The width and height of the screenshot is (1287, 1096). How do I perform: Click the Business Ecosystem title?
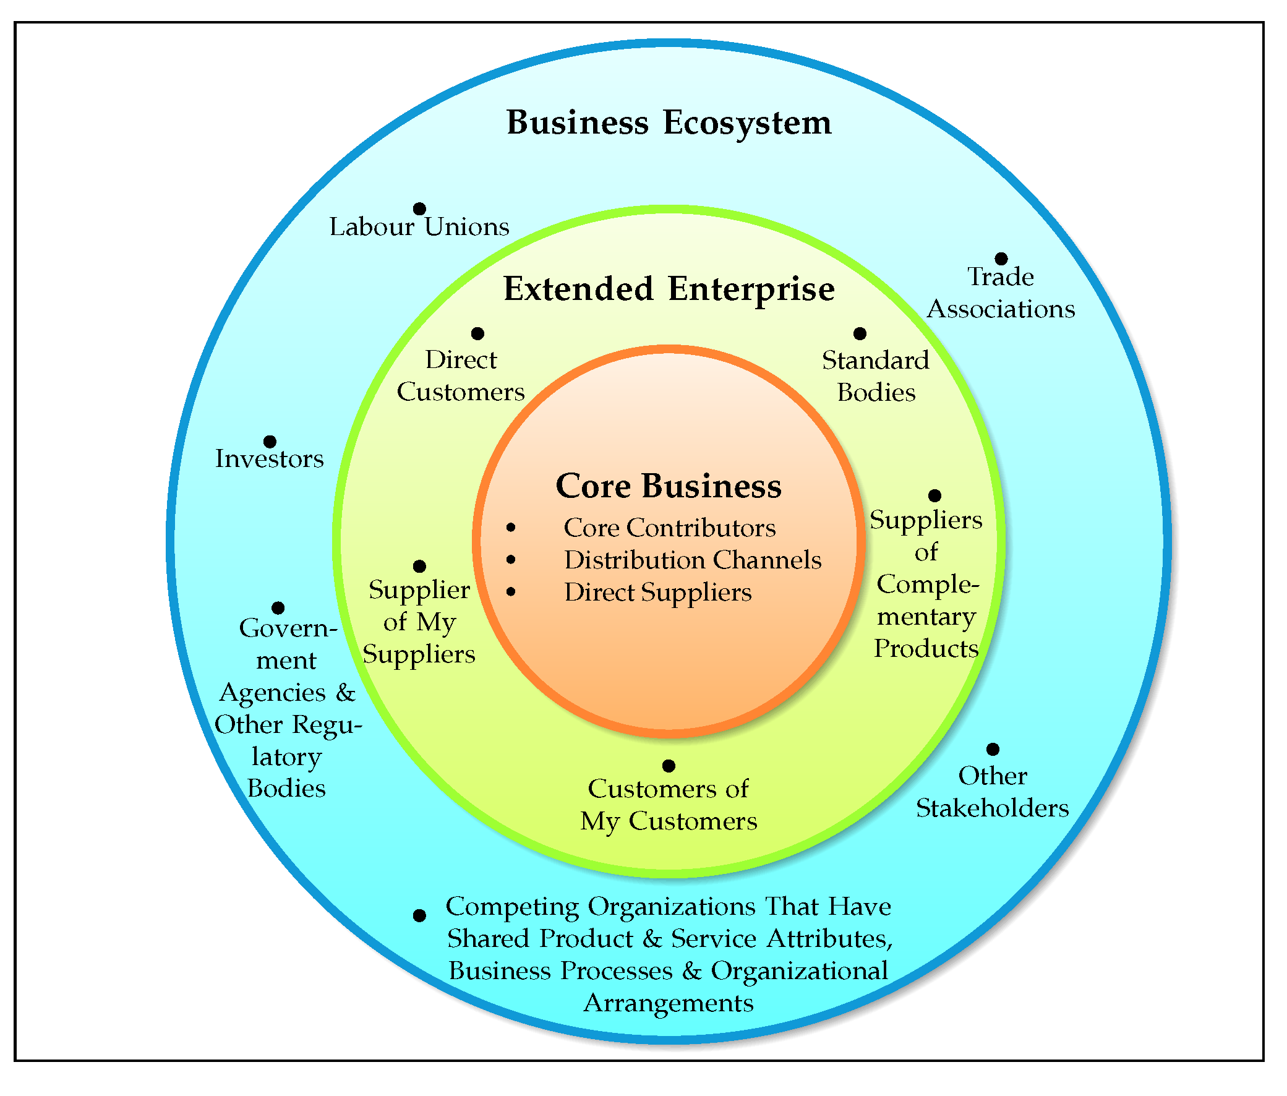pyautogui.click(x=669, y=122)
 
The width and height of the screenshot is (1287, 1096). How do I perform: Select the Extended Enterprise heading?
pyautogui.click(x=669, y=289)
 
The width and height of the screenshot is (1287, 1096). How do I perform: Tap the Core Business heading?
pyautogui.click(x=669, y=486)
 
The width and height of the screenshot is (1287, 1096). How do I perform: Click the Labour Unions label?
pyautogui.click(x=419, y=228)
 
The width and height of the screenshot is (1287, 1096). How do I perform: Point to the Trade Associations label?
pyautogui.click(x=1001, y=293)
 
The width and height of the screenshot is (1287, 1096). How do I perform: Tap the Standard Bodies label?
pyautogui.click(x=876, y=377)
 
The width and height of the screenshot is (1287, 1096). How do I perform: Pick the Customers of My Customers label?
pyautogui.click(x=669, y=805)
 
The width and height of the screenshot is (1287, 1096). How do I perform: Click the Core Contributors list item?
pyautogui.click(x=670, y=528)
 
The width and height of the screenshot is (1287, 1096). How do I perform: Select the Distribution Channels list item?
pyautogui.click(x=693, y=560)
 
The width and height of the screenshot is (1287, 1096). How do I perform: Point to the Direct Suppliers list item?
pyautogui.click(x=658, y=593)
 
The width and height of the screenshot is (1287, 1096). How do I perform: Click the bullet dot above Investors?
pyautogui.click(x=270, y=442)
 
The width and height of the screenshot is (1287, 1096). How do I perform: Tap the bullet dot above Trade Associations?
pyautogui.click(x=1001, y=259)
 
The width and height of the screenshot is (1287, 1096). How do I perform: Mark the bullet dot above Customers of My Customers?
pyautogui.click(x=669, y=766)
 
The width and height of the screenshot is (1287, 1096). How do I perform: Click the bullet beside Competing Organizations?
pyautogui.click(x=419, y=916)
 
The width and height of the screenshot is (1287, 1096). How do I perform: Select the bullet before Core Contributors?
pyautogui.click(x=511, y=528)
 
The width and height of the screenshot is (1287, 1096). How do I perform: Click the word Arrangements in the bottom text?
pyautogui.click(x=669, y=1003)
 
